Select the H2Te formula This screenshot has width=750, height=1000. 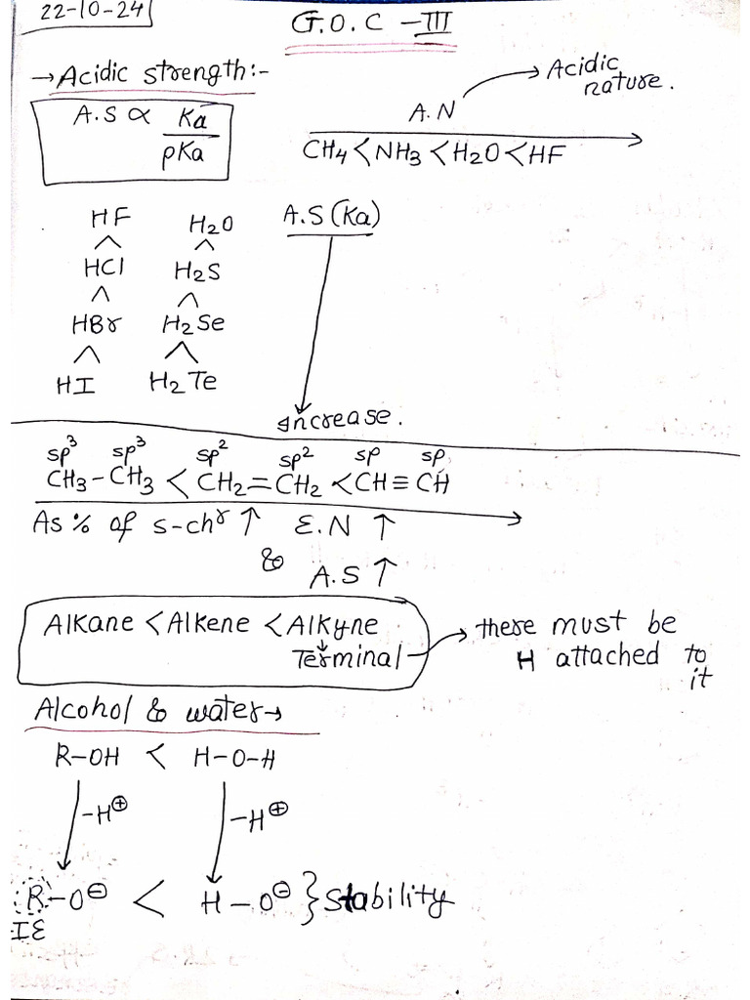(183, 382)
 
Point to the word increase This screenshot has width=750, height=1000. (340, 417)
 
